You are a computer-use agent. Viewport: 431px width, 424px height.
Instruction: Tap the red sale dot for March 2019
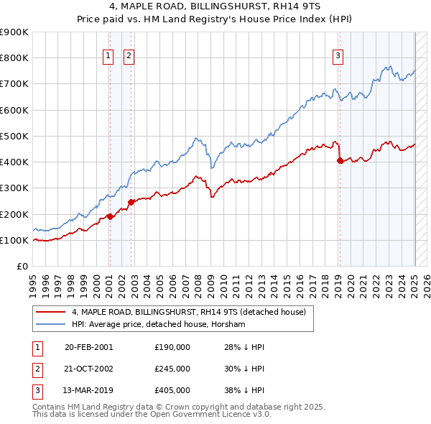tap(340, 160)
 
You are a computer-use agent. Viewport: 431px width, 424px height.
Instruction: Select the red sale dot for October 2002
tap(131, 202)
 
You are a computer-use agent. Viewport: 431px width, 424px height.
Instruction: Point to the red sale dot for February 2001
tap(110, 216)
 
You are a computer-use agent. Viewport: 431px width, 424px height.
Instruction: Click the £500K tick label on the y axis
tap(14, 136)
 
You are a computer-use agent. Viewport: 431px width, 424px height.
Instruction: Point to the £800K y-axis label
tap(14, 57)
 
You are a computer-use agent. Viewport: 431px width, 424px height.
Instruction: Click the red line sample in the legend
tap(50, 312)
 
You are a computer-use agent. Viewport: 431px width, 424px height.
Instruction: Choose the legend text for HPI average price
tap(159, 325)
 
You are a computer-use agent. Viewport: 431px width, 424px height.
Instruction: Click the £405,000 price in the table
tap(172, 392)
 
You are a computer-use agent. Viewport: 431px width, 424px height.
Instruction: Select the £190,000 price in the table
tap(172, 346)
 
